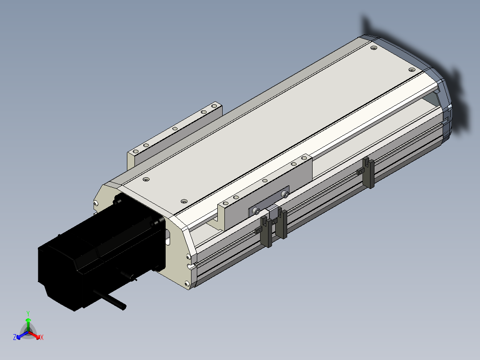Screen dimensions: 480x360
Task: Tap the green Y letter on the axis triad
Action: (28, 314)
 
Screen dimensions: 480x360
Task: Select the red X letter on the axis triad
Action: (42, 337)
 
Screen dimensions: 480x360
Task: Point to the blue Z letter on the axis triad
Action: (15, 337)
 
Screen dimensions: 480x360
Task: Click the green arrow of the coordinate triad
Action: (28, 324)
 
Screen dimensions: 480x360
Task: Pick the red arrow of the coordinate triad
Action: (34, 335)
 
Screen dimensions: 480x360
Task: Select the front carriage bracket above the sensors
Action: (265, 192)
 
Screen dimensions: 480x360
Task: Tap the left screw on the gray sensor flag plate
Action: (257, 211)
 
